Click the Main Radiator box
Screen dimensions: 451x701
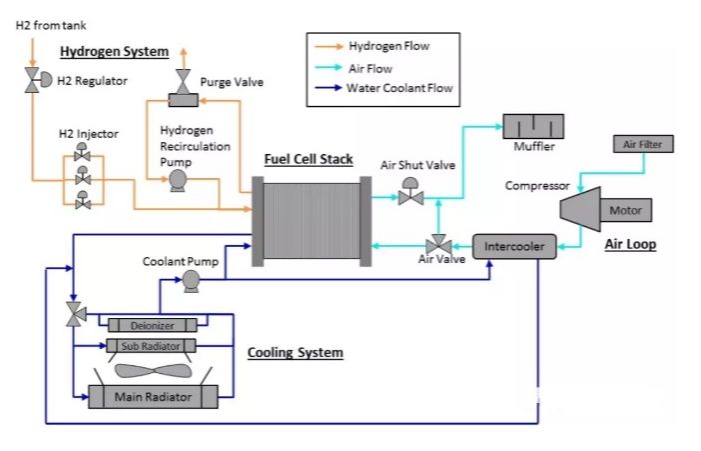click(153, 396)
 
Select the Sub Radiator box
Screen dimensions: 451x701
click(152, 346)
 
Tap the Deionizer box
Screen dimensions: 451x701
click(152, 324)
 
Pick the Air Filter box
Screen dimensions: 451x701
click(642, 145)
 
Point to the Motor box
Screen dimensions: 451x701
click(625, 211)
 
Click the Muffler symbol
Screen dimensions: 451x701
click(532, 126)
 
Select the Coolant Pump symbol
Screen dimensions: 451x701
click(189, 283)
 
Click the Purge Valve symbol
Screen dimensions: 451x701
click(182, 94)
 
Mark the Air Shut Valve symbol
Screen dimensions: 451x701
click(409, 196)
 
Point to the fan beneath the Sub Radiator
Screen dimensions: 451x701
click(153, 369)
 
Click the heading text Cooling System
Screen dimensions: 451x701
click(295, 353)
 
